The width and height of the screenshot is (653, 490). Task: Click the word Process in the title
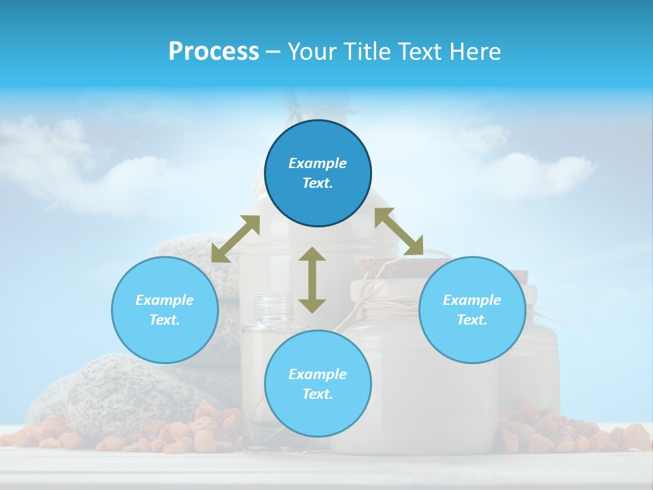(214, 52)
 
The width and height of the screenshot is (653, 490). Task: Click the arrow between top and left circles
(235, 239)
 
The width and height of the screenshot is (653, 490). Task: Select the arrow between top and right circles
(399, 232)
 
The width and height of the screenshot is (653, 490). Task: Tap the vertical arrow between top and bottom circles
(312, 280)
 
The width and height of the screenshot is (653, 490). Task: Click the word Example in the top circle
(318, 163)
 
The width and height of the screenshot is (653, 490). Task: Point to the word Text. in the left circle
(165, 320)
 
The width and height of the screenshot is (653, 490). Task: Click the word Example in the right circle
(472, 300)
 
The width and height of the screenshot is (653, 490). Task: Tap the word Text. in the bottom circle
(318, 394)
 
